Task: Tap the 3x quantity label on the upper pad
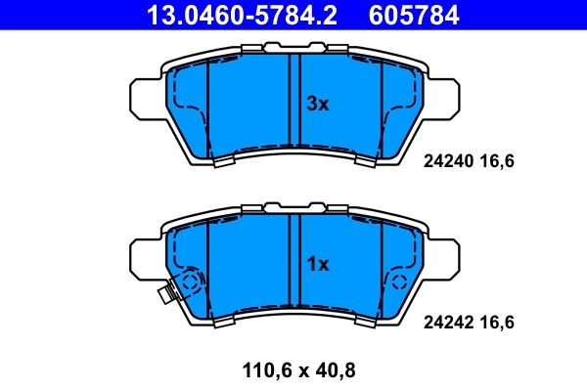point(318,104)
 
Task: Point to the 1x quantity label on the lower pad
point(318,264)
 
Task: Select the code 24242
point(447,321)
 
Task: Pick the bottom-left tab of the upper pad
point(224,162)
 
